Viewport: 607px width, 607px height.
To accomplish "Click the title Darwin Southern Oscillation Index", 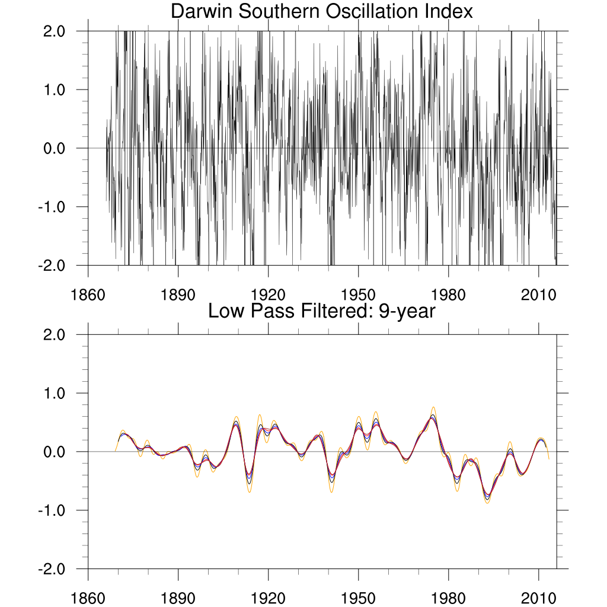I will [x=321, y=11].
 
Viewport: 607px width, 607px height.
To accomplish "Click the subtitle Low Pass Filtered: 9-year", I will [x=321, y=311].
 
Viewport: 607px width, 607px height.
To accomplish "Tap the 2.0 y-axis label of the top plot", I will [x=57, y=31].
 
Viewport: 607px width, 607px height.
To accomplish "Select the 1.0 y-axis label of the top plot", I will [x=57, y=90].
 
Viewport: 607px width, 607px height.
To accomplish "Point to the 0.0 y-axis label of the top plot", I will [x=57, y=148].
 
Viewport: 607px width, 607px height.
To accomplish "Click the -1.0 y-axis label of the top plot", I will [x=55, y=207].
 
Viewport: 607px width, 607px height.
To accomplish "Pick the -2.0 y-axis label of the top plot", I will [x=55, y=266].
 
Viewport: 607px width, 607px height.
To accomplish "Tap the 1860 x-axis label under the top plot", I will [x=88, y=295].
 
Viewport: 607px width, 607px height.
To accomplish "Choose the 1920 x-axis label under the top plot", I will [x=268, y=295].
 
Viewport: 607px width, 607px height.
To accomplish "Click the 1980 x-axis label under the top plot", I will [x=448, y=295].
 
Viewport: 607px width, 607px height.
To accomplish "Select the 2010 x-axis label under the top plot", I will [x=538, y=295].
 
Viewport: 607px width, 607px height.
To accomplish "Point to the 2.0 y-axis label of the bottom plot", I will [x=57, y=335].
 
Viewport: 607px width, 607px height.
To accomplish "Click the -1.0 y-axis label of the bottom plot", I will [x=55, y=510].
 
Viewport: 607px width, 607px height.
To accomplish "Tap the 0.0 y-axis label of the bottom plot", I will [x=57, y=452].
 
